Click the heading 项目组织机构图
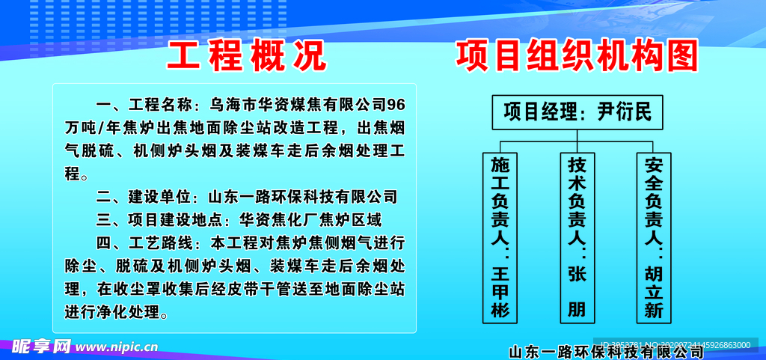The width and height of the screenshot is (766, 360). click(x=577, y=56)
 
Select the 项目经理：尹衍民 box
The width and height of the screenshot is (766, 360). click(x=577, y=113)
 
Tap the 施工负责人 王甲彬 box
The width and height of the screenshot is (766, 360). click(x=500, y=237)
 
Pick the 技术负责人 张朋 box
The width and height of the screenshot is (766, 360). click(x=577, y=237)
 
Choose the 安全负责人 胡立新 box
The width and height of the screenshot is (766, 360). click(x=654, y=237)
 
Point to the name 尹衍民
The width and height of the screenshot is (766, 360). click(x=625, y=113)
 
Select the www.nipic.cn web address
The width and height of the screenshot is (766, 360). click(x=117, y=347)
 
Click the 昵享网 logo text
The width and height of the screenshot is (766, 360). click(x=42, y=347)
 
